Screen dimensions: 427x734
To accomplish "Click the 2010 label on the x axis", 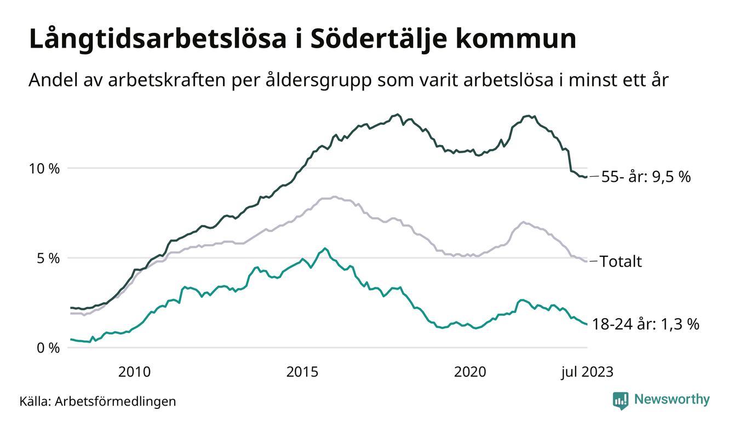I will (134, 372).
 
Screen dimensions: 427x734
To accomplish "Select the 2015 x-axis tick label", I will (302, 372).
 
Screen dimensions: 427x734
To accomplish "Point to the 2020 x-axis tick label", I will (470, 372).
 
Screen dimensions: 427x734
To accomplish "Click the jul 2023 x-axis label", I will (587, 372).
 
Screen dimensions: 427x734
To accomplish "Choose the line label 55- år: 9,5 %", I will (646, 177).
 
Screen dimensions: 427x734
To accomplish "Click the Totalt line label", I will (621, 261).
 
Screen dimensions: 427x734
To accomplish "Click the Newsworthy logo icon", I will (620, 400).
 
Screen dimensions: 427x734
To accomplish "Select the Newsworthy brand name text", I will (672, 400).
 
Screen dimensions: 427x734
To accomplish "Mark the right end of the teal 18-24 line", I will (587, 324).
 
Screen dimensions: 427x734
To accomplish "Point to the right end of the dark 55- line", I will (587, 177).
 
